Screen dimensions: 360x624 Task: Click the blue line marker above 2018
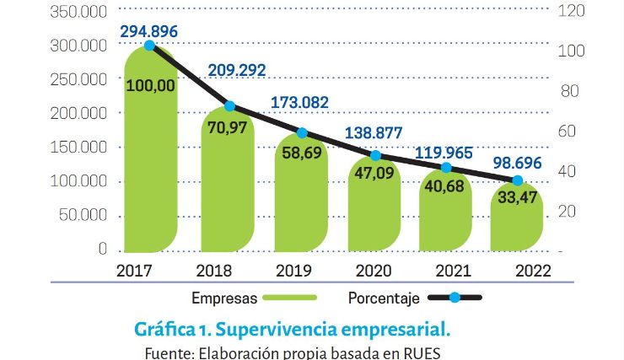tap(229, 107)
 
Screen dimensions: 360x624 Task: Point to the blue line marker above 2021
tap(446, 168)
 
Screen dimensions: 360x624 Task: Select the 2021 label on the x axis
tap(447, 271)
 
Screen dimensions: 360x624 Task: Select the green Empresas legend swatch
tap(289, 298)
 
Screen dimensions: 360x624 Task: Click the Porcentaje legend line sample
tap(454, 298)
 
